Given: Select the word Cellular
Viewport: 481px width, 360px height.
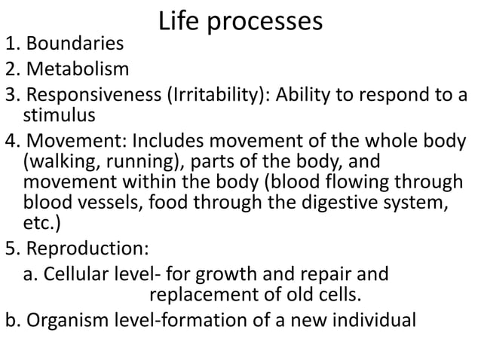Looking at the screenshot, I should (78, 272).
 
